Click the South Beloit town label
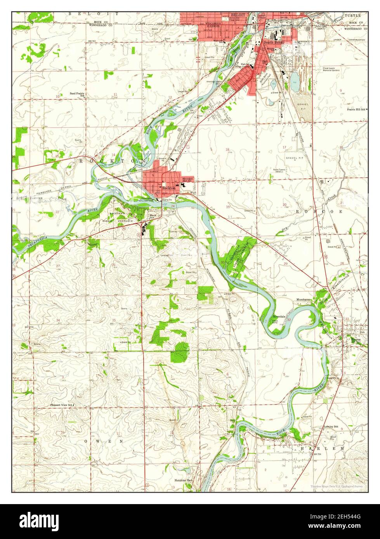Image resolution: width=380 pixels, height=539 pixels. tap(274, 42)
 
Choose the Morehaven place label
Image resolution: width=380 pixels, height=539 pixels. tap(304, 300)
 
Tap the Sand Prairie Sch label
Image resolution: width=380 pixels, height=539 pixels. tap(77, 94)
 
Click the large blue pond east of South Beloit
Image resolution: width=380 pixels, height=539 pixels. tap(295, 79)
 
